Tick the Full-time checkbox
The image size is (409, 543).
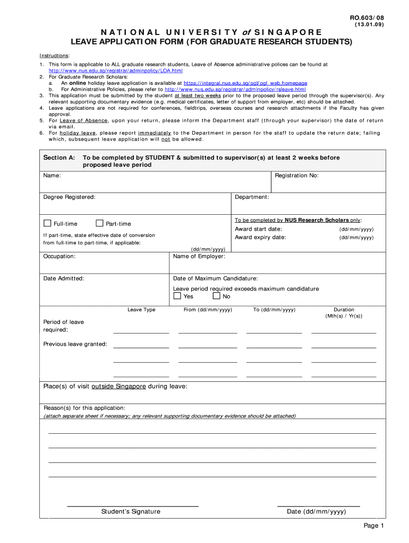[x=47, y=223]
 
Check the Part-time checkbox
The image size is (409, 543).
[x=99, y=223]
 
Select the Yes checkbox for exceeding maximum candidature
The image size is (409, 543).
[x=177, y=296]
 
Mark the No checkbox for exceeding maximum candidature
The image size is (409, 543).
[x=216, y=296]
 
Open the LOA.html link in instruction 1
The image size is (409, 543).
[x=115, y=70]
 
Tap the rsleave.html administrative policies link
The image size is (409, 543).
[x=235, y=89]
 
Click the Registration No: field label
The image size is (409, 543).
[x=296, y=176]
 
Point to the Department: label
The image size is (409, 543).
[x=252, y=197]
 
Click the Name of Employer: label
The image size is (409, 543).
[x=199, y=256]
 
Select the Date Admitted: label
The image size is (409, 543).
[x=63, y=278]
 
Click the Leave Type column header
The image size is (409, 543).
[x=141, y=310]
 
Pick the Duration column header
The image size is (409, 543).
[x=344, y=310]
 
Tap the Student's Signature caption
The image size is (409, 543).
[x=131, y=512]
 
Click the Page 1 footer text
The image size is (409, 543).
[x=373, y=526]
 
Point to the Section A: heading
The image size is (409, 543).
[x=59, y=157]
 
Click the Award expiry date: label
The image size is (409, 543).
[x=260, y=238]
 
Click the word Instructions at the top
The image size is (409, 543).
[x=54, y=56]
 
